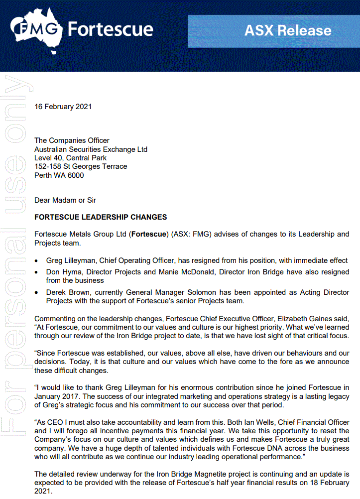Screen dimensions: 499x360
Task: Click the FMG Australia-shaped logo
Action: pyautogui.click(x=37, y=31)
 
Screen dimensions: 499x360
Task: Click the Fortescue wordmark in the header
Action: pyautogui.click(x=110, y=29)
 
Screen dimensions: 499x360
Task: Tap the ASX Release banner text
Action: pyautogui.click(x=288, y=31)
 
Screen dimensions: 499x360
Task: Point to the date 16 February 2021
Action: pyautogui.click(x=63, y=107)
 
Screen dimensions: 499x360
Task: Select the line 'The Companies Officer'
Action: pyautogui.click(x=72, y=140)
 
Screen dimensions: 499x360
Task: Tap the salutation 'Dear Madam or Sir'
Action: pyautogui.click(x=65, y=200)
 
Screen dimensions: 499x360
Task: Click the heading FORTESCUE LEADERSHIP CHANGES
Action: pyautogui.click(x=101, y=217)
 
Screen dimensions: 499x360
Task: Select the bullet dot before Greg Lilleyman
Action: pyautogui.click(x=38, y=261)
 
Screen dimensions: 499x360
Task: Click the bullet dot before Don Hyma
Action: pyautogui.click(x=38, y=272)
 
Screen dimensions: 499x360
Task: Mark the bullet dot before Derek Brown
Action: pyautogui.click(x=38, y=293)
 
